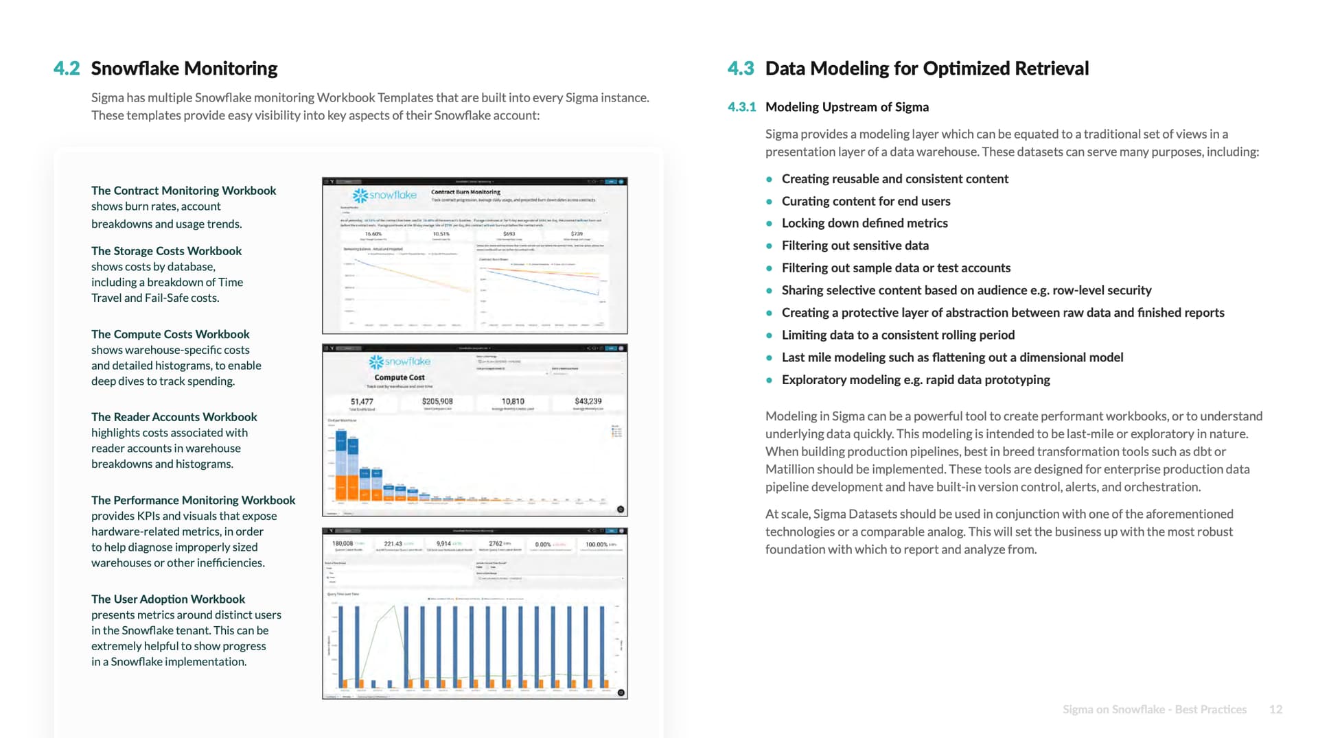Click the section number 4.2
[67, 69]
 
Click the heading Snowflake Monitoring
[184, 69]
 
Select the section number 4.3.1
[741, 107]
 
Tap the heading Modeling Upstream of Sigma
[846, 107]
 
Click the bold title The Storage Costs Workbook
[166, 251]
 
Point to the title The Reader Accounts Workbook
[174, 417]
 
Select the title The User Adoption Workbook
[167, 599]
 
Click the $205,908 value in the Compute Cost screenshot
[437, 401]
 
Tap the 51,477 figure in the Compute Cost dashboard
[362, 401]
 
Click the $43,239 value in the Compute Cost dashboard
[588, 401]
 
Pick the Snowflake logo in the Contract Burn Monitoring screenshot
[385, 195]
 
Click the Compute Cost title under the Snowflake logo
[400, 377]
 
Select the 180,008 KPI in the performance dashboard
[343, 544]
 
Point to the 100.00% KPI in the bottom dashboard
[597, 545]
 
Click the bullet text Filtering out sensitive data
[855, 246]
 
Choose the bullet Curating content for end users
[866, 201]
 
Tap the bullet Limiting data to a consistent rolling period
[898, 335]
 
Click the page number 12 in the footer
[1275, 709]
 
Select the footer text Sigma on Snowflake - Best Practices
[1154, 709]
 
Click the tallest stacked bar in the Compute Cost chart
[341, 466]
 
